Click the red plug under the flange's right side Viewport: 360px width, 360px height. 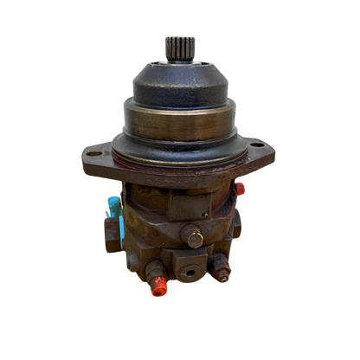click(241, 187)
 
